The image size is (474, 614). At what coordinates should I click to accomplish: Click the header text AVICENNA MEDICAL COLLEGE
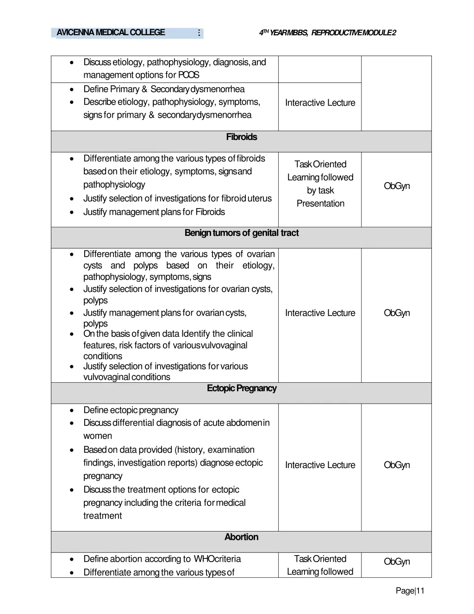coord(111,32)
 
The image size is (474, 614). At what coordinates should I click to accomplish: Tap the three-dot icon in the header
coord(199,33)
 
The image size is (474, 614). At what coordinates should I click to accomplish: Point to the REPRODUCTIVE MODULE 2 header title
coord(354,32)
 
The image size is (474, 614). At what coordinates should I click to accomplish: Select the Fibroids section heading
coord(241,137)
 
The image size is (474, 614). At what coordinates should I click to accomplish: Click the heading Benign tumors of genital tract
coord(241,233)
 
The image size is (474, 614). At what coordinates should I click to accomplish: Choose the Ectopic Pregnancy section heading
coord(241,388)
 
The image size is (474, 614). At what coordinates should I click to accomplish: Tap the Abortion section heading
coord(241,537)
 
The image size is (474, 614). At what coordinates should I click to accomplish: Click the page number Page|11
coord(410,590)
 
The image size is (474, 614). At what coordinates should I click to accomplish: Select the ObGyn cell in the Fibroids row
coord(397,186)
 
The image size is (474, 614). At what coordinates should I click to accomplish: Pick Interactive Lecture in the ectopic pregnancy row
coord(320,465)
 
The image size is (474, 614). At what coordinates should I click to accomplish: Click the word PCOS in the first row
coord(189,75)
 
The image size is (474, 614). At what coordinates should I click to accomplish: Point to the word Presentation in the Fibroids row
coord(320,203)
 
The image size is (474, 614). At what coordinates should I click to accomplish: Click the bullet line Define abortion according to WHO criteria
coord(162,559)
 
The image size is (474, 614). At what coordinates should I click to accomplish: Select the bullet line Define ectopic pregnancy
coord(131,410)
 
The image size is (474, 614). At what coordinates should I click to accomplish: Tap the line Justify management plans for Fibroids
coord(154,212)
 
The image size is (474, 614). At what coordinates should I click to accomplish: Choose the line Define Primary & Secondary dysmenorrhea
coord(164,89)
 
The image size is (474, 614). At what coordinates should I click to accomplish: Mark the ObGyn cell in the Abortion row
coord(397,562)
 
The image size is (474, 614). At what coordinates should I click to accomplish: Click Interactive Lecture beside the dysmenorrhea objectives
coord(320,103)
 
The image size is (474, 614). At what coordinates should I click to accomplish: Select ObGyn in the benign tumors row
coord(397,313)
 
